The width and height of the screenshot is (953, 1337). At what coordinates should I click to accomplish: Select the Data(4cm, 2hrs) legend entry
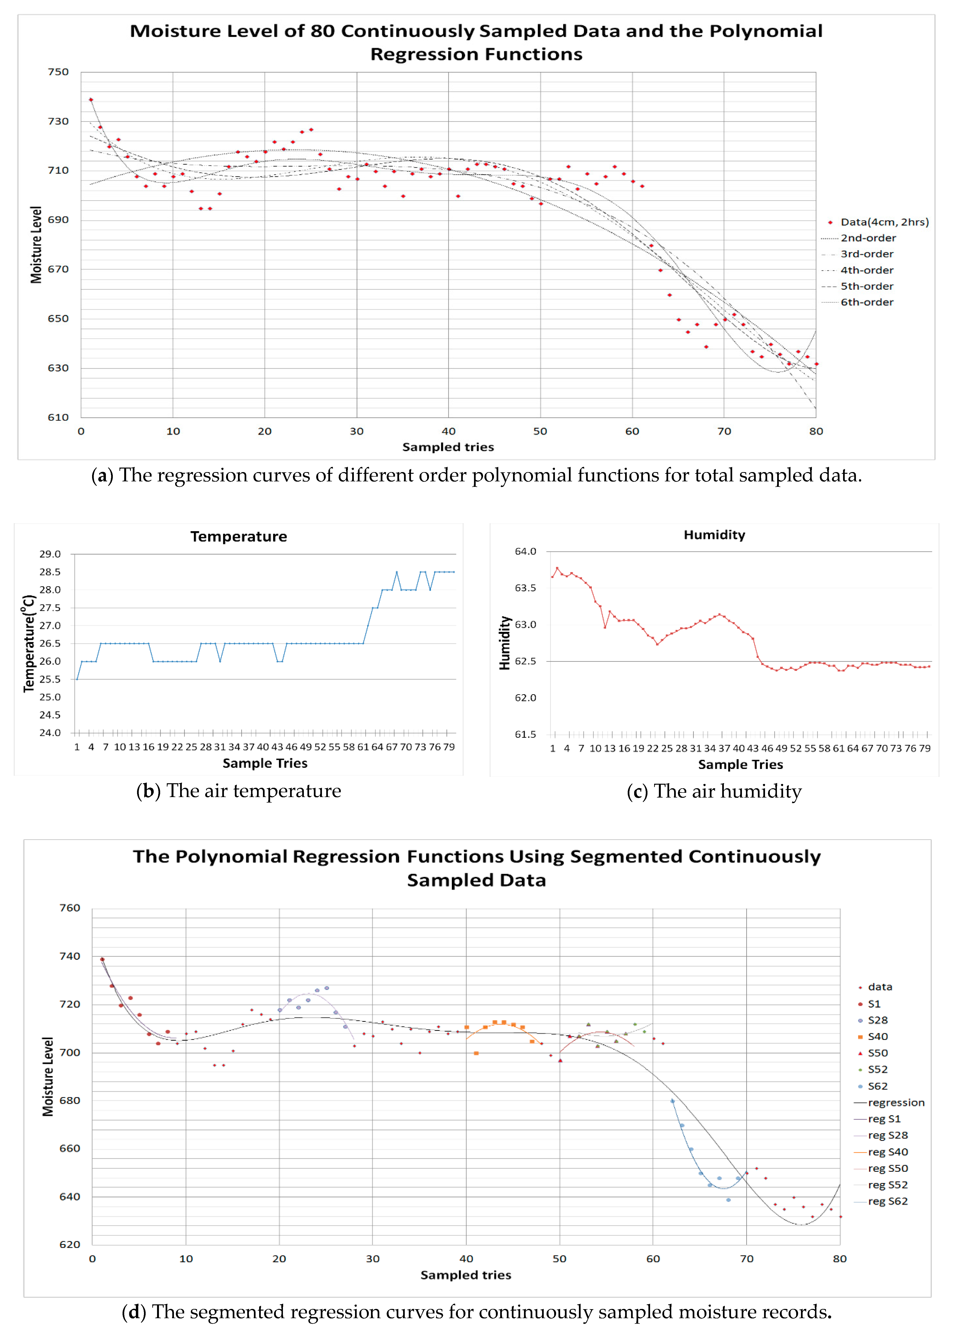(884, 222)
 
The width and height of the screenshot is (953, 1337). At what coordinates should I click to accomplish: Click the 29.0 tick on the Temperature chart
(50, 554)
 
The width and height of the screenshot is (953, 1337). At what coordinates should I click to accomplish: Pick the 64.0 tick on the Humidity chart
(525, 551)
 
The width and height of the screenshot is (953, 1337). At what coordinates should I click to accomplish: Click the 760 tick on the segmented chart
(70, 908)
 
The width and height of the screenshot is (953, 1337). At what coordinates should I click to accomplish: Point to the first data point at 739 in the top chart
(91, 100)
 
